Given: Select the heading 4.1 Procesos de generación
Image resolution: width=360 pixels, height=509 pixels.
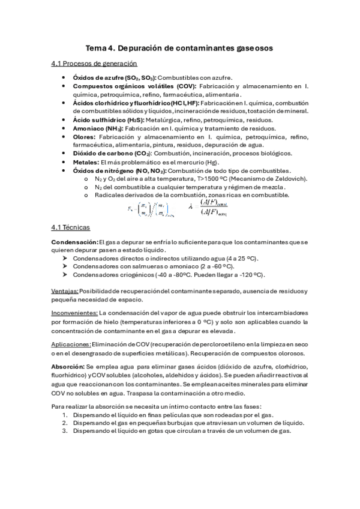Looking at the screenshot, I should click(94, 64).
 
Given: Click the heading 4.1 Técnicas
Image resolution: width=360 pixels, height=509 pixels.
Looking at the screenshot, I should click(71, 228).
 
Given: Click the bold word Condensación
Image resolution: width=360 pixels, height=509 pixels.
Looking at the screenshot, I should click(75, 242).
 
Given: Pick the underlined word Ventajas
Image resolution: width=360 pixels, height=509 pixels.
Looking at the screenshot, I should click(65, 291).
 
